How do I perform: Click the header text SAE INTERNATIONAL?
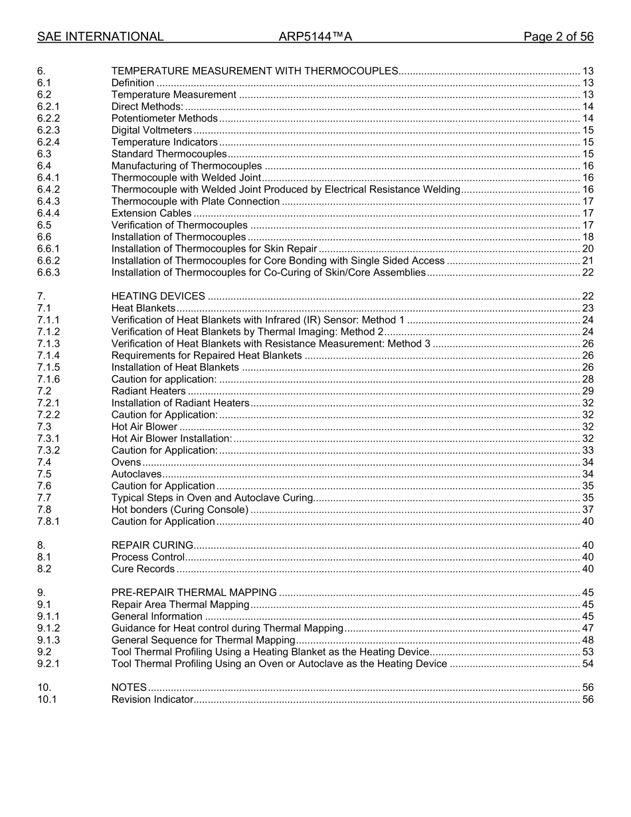point(100,37)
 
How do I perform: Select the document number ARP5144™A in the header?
point(315,37)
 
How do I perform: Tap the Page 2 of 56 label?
point(558,37)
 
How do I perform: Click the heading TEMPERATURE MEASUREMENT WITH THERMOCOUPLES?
point(254,71)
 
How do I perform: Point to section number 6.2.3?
point(48,130)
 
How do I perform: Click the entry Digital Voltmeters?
point(151,130)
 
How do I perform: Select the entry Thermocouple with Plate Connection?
point(195,201)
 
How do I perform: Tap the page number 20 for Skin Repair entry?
point(587,249)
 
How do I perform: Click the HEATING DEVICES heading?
point(158,296)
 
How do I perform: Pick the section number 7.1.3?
point(48,344)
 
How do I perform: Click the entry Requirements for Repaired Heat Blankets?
point(207,356)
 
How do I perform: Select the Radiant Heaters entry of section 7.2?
point(148,391)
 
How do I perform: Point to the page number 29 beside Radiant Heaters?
point(587,391)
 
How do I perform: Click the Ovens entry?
point(126,462)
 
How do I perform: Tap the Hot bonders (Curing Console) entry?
point(179,509)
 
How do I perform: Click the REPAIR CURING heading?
point(152,545)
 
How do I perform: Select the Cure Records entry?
point(143,569)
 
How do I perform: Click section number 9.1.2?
point(48,628)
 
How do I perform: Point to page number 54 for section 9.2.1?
point(587,664)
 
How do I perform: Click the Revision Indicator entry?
point(152,699)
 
